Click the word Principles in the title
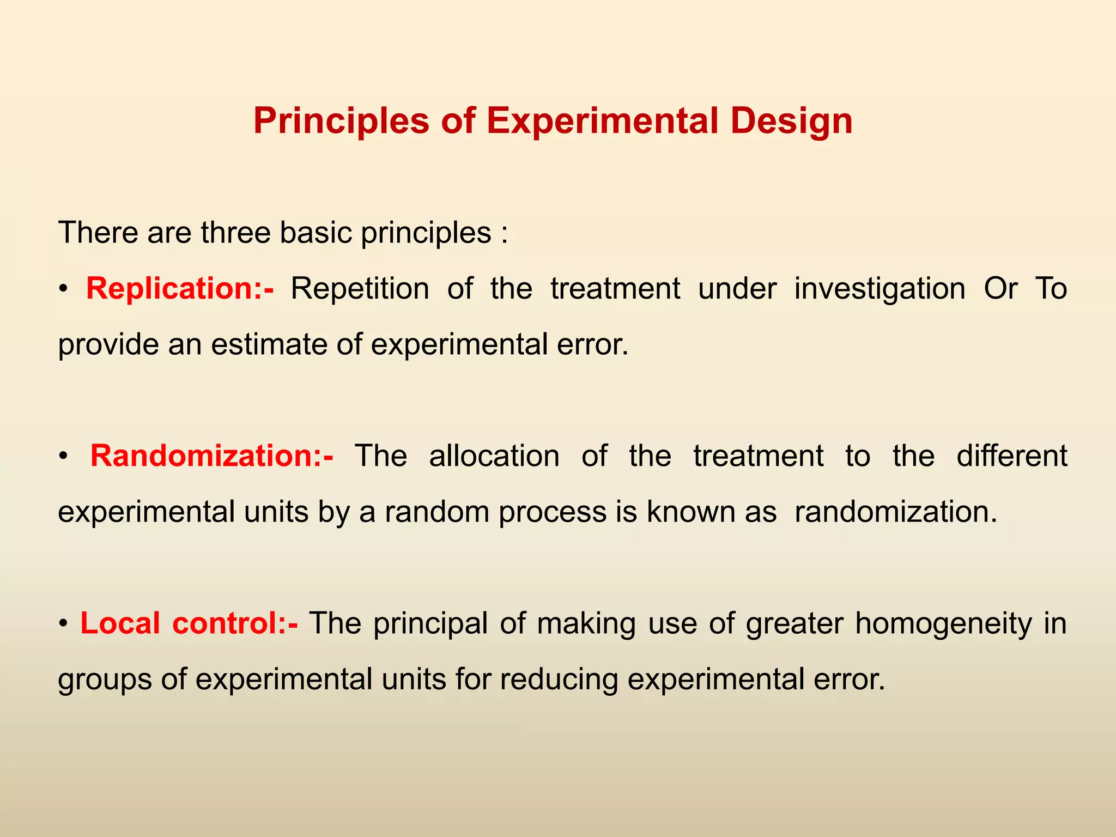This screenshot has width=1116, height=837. coord(341,121)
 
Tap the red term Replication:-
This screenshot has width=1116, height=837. coord(180,289)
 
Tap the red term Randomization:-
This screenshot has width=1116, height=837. coord(211,456)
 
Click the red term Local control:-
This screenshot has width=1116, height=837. coord(189,623)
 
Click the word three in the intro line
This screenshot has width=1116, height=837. coord(235,233)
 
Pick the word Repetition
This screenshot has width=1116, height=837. coord(360,289)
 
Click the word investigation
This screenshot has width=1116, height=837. coord(880,289)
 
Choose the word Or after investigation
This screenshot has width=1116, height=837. coord(1000,289)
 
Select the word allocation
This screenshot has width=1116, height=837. coord(494,456)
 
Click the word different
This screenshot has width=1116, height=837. coord(1011,456)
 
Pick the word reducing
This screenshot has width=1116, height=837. coord(559,680)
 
